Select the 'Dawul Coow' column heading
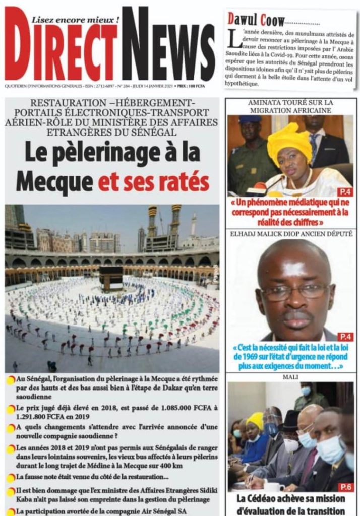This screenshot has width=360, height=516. point(256,20)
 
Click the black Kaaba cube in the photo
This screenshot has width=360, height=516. point(110,278)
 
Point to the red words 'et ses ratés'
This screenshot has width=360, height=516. point(154,182)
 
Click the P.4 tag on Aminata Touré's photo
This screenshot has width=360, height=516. point(345,192)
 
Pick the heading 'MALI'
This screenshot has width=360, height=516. point(290,377)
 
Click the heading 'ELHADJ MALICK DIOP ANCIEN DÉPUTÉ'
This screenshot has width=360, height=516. point(290,234)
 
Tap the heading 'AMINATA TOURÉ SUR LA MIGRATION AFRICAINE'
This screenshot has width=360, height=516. point(290,106)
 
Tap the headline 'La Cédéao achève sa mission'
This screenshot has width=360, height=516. point(291,498)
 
